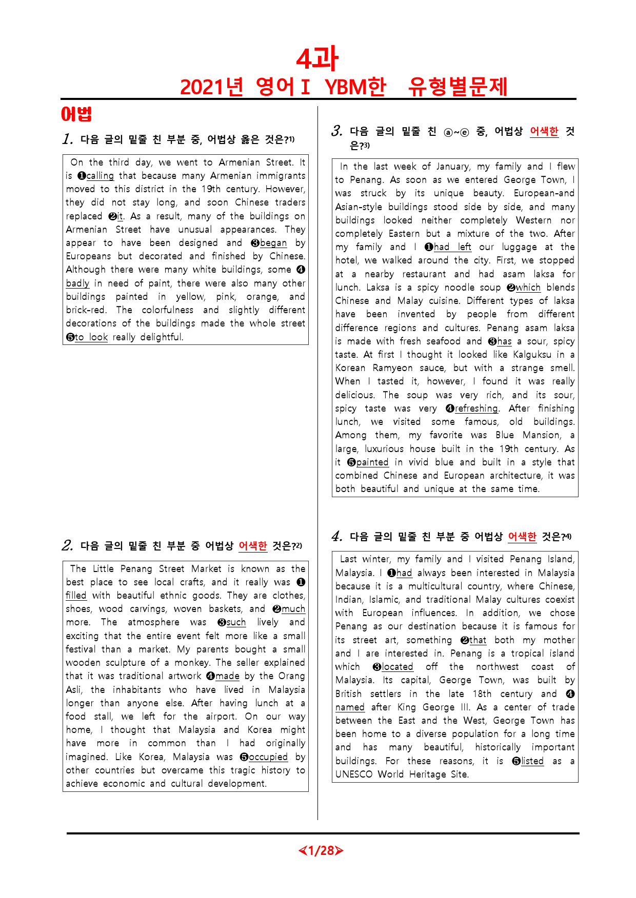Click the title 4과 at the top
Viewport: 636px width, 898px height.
point(317,59)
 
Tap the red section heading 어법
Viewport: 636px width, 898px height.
point(76,114)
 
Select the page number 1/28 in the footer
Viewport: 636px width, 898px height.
point(321,851)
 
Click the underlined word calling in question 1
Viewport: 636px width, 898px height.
point(100,176)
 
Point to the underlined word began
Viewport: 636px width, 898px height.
point(273,243)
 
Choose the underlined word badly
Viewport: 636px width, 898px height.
point(77,283)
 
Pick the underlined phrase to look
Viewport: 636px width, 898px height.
point(91,337)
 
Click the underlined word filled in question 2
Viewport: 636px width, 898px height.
point(76,596)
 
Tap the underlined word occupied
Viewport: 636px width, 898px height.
point(268,757)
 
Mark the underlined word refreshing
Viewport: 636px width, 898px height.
point(476,409)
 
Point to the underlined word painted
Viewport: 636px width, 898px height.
point(372,462)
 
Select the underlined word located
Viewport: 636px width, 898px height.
point(397,667)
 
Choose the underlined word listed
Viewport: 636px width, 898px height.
point(532,761)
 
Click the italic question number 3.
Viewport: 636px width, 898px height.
point(337,131)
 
